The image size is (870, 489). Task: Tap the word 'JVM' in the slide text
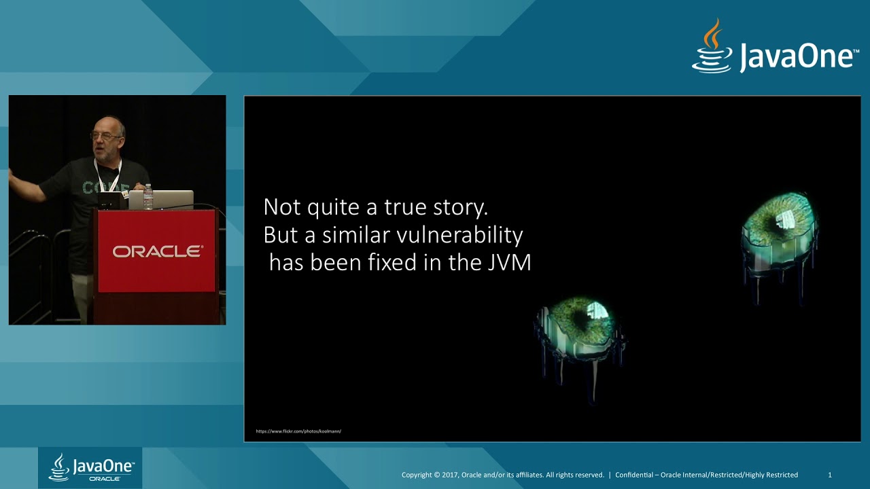click(x=509, y=263)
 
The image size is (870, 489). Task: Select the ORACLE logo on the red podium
click(x=157, y=251)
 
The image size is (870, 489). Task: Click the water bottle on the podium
click(x=148, y=197)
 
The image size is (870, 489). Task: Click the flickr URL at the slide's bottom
click(x=298, y=431)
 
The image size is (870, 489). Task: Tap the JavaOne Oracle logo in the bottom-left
click(x=90, y=468)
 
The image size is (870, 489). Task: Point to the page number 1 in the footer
click(x=829, y=475)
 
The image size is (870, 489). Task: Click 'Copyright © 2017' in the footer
click(x=431, y=475)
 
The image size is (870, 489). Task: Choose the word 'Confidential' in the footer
click(x=635, y=475)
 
